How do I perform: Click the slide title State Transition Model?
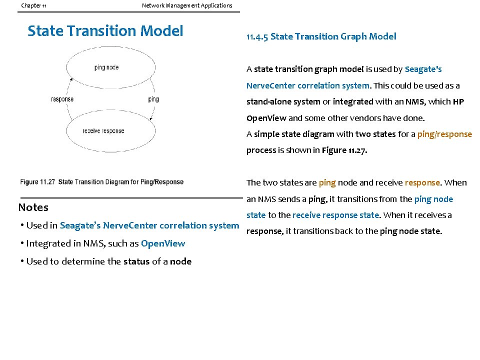(105, 31)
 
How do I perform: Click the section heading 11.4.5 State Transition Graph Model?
(321, 36)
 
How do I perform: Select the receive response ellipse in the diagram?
(103, 131)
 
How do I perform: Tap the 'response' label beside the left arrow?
(62, 99)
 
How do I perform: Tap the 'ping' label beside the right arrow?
(153, 99)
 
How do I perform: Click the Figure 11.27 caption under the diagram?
(102, 182)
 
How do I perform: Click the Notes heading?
(33, 207)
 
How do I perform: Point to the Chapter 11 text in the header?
(34, 5)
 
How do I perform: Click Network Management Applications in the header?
(187, 5)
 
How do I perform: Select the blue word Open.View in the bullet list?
(163, 243)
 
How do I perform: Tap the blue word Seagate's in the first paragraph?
(423, 69)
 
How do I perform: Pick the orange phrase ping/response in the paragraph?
(444, 134)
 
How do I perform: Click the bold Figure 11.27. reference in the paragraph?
(344, 150)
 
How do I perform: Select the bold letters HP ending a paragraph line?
(458, 101)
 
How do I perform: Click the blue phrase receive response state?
(335, 215)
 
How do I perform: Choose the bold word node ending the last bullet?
(180, 261)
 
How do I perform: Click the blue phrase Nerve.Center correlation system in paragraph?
(307, 85)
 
